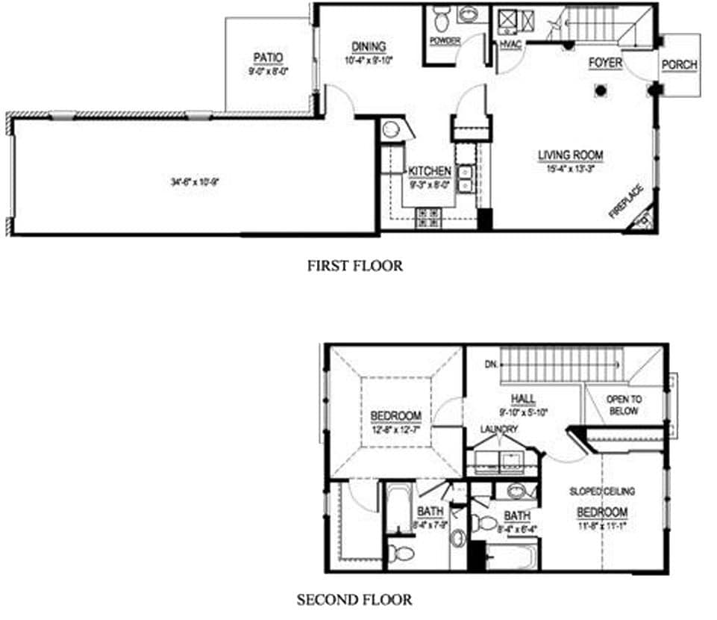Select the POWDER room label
coord(445,40)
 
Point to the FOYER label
coord(604,63)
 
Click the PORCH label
coord(679,64)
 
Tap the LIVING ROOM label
coord(571,155)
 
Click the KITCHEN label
coord(429,171)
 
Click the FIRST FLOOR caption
coord(354,265)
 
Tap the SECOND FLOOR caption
coord(354,599)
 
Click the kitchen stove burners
coord(428,217)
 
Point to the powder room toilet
coord(440,16)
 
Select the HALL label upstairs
coord(524,398)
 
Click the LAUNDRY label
coord(499,430)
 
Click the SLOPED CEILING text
coord(601,492)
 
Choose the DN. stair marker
coord(490,365)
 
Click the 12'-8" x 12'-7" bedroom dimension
coord(395,430)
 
